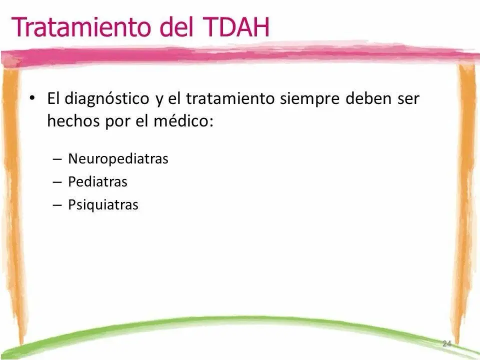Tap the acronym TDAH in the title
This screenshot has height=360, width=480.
coord(236,26)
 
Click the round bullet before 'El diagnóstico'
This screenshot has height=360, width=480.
coord(32,98)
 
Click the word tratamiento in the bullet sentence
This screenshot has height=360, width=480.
coord(230,98)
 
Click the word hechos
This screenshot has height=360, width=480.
coord(73,121)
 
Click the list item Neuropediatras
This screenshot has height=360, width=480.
coord(118,159)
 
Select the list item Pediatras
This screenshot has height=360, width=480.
coord(97,181)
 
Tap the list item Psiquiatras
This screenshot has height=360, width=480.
coord(103,205)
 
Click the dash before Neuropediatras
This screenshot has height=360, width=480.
coord(57,159)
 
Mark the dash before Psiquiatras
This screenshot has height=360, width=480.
coord(57,205)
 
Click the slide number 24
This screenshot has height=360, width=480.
coord(447,343)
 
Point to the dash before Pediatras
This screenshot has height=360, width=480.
coord(57,182)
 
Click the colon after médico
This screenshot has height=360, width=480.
coord(210,122)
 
